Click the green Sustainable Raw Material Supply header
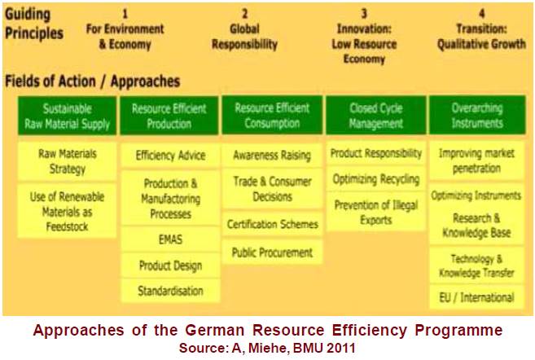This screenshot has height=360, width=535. (68, 116)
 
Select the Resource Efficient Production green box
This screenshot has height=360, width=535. (169, 116)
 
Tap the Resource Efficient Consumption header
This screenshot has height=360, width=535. (272, 115)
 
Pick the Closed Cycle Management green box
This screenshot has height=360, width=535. (375, 115)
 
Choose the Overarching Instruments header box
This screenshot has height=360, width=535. (477, 115)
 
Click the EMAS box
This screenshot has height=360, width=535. (170, 239)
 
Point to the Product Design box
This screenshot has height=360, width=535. (170, 266)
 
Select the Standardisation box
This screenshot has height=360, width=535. (170, 291)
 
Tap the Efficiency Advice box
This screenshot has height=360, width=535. (170, 156)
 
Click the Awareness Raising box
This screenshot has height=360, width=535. (272, 156)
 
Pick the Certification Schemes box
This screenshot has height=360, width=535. (272, 224)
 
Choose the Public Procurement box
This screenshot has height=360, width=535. (272, 252)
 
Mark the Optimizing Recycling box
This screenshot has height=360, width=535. (375, 179)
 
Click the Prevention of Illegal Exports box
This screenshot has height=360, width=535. (375, 212)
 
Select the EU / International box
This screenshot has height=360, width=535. (476, 297)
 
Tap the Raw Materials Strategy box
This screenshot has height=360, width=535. (68, 161)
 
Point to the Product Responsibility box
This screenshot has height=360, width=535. (375, 153)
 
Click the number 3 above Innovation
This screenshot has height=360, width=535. (364, 14)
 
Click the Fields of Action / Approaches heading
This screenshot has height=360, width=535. (93, 81)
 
